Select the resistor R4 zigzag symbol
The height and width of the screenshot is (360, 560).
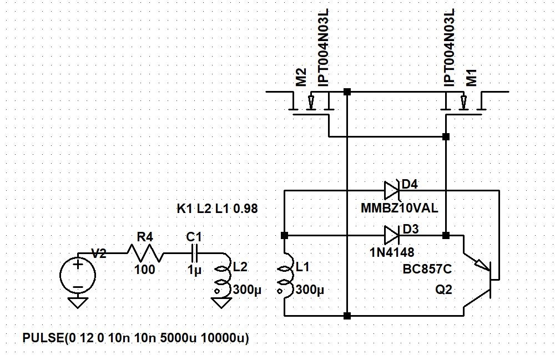(x=145, y=253)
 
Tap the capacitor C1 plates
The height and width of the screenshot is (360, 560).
(x=195, y=253)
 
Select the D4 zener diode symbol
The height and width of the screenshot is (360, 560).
(x=392, y=190)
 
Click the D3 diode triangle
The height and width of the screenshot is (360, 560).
(x=392, y=236)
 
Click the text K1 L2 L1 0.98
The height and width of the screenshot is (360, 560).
(x=217, y=209)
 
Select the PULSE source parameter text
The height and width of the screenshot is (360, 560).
(x=136, y=337)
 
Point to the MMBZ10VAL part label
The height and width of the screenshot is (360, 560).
(x=399, y=208)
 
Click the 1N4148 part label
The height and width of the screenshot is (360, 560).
(x=392, y=252)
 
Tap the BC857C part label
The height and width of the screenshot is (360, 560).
(x=427, y=269)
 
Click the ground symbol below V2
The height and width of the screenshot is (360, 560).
(x=78, y=302)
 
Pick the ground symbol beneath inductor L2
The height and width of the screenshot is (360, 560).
(x=221, y=302)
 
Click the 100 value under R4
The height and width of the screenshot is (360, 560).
(x=145, y=270)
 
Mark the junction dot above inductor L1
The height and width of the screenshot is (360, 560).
(x=284, y=236)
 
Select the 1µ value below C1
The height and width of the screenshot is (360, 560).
(x=194, y=270)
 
